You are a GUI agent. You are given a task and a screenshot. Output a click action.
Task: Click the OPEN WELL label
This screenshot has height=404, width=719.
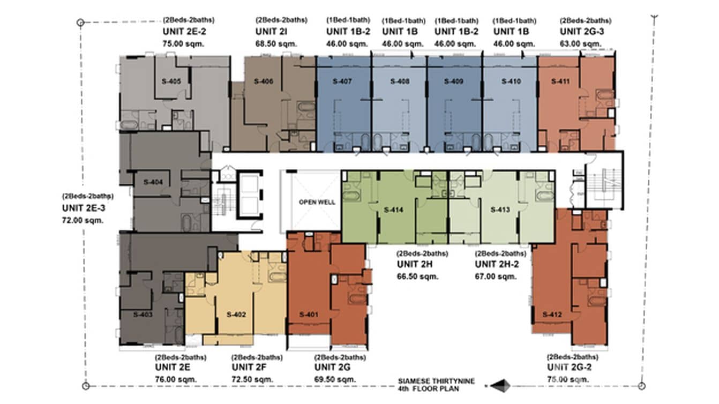coord(317,203)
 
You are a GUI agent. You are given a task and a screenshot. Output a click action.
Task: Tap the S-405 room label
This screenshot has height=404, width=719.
coord(171,81)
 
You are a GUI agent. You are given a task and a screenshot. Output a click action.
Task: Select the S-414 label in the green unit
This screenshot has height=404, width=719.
coord(394,210)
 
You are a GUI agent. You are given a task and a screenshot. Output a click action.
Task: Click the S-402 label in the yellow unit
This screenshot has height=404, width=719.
coord(236,315)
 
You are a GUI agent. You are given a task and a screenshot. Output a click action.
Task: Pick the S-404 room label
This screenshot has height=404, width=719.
coord(153,182)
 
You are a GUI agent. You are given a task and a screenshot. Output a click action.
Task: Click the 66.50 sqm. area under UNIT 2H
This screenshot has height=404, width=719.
coord(417,276)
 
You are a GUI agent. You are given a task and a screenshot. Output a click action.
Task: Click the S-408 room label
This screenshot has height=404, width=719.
coord(400,81)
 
